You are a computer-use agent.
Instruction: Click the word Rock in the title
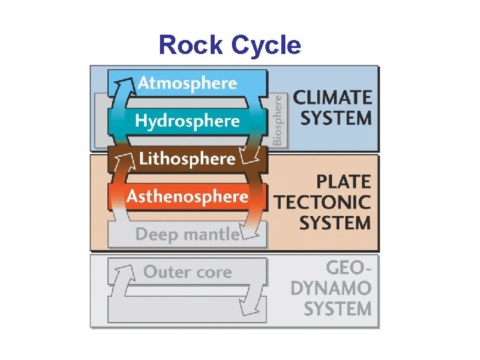point(191,45)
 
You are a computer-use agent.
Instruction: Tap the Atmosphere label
point(187,83)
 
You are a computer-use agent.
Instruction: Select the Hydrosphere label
point(187,121)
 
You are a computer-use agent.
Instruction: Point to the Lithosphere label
point(187,159)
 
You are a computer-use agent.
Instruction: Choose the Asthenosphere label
point(187,197)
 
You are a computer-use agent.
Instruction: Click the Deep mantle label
point(187,234)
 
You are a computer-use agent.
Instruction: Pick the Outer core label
point(187,272)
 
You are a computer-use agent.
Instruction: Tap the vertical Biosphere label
point(277,120)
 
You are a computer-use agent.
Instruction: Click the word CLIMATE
point(333,97)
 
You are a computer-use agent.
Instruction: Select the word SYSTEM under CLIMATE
point(336,119)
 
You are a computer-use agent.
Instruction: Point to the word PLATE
point(344,181)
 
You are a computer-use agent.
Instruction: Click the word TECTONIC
point(323,202)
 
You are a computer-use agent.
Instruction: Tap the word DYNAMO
point(331,288)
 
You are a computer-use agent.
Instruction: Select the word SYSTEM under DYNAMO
point(337,309)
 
